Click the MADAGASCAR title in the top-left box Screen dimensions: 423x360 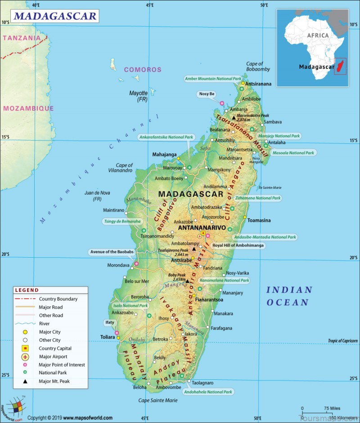tap(55, 17)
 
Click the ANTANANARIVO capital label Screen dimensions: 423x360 tap(202, 228)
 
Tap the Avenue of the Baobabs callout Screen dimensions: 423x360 tap(112, 252)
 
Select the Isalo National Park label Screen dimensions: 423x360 tap(130, 305)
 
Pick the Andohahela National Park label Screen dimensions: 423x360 tap(208, 392)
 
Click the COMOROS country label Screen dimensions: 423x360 tap(142, 69)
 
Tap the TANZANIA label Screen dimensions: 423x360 tap(22, 38)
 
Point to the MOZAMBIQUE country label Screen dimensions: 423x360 tap(28, 108)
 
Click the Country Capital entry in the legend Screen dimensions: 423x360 tap(55, 348)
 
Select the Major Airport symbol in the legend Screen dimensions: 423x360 tap(26, 357)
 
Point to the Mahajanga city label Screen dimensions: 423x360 tap(164, 154)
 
